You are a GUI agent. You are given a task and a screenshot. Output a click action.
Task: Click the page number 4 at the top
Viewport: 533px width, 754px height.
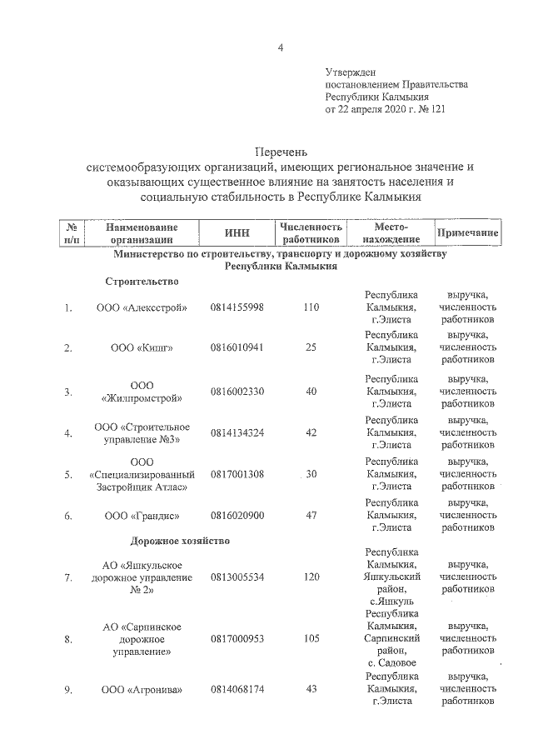coord(281,47)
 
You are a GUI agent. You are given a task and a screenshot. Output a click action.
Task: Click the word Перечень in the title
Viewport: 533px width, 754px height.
coord(281,152)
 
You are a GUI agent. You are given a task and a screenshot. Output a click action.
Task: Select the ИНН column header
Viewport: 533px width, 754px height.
coord(237,232)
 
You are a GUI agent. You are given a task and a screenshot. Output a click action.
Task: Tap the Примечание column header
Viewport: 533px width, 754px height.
coord(467,232)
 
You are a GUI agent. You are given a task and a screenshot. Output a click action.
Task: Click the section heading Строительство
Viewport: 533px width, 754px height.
coord(142,282)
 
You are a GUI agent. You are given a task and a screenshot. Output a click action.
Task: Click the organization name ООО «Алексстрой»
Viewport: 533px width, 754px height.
coord(142,307)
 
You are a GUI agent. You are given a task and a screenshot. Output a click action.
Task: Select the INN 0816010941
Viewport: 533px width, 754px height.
coord(237,347)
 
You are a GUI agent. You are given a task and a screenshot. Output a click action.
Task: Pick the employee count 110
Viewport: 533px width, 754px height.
coord(311,307)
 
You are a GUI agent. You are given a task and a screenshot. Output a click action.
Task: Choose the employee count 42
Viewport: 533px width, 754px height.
coord(311,432)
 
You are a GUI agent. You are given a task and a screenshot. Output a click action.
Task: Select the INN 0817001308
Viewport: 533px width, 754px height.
coord(237,474)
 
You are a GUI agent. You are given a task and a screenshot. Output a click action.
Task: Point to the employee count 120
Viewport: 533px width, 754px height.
coord(311,577)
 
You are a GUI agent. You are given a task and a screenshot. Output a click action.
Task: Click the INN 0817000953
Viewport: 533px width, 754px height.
coord(237,639)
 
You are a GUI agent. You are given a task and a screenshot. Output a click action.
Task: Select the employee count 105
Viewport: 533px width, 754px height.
coord(311,639)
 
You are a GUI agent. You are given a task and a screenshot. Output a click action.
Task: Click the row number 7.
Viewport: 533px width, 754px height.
coord(67,577)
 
